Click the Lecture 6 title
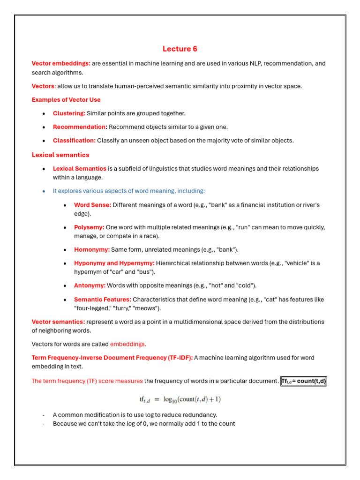coord(180,49)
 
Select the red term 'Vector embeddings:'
coord(61,63)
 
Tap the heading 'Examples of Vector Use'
coord(66,100)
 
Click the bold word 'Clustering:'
coord(69,113)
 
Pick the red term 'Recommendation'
coord(79,127)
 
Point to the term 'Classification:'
coord(74,141)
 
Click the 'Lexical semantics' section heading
coord(60,155)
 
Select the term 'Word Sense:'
coord(92,205)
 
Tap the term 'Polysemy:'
coord(89,227)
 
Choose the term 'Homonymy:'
coord(92,250)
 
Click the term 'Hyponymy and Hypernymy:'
coord(114,263)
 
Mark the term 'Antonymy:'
coord(90,285)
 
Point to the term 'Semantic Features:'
coord(102,300)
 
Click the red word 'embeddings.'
coord(128,344)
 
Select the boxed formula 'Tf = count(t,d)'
coord(304,381)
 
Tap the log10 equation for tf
coord(180,399)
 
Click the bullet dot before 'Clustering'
coord(44,114)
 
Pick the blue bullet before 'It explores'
coord(44,191)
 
